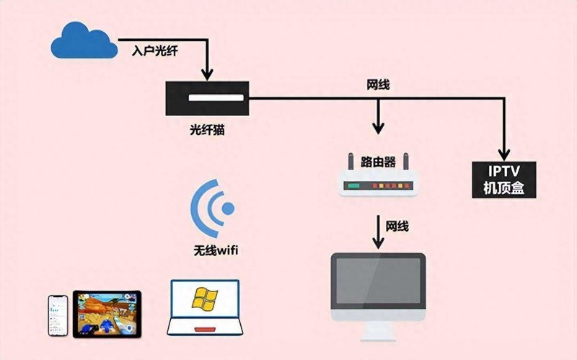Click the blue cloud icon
84,40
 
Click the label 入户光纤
155,51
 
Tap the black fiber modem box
207,98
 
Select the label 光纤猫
207,130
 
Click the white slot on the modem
216,98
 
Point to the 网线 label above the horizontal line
378,85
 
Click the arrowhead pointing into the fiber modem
208,74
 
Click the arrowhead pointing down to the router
378,128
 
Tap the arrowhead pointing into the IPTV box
503,154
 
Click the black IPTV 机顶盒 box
503,180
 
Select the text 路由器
378,162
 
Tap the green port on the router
354,185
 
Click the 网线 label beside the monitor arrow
397,226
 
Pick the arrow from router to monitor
378,232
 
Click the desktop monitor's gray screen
378,281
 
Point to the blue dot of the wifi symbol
228,208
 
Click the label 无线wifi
216,250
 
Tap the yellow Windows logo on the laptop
205,299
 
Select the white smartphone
58,315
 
